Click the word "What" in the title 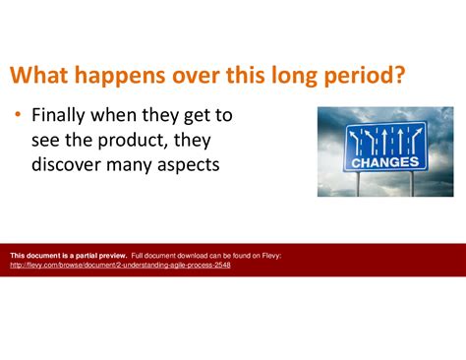pyautogui.click(x=40, y=76)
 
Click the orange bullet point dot pyautogui.click(x=18, y=116)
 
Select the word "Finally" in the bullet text pyautogui.click(x=63, y=115)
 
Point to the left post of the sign pyautogui.click(x=359, y=183)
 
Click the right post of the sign pyautogui.click(x=411, y=183)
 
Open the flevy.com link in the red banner pyautogui.click(x=120, y=265)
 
